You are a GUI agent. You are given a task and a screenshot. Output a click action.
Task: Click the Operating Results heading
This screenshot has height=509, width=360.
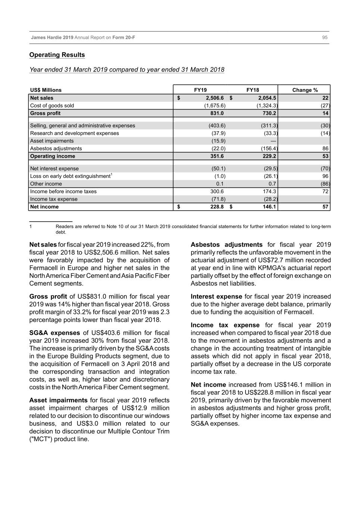[x=57, y=55]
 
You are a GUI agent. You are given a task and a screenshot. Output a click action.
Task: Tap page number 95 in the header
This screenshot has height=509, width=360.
[x=325, y=37]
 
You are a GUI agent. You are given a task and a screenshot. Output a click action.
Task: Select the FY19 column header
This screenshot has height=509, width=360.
[x=200, y=90]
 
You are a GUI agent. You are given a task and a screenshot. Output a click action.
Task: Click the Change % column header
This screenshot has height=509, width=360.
[x=305, y=90]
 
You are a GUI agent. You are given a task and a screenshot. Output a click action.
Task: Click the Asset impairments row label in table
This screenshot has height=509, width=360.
[x=52, y=141]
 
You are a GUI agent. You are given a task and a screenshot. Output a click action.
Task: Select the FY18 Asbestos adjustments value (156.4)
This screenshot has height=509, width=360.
[x=269, y=148]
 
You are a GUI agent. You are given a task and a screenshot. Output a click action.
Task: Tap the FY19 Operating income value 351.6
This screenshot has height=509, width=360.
[x=217, y=156]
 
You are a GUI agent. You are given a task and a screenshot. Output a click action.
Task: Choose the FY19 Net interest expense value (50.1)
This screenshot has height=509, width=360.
[x=218, y=169]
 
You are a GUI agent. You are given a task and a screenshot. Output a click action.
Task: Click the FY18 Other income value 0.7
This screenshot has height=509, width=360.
[x=272, y=184]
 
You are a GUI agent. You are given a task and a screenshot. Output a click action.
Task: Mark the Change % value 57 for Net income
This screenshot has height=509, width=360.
[x=325, y=207]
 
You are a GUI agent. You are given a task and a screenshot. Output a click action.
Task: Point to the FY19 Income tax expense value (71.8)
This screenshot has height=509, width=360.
[x=218, y=199]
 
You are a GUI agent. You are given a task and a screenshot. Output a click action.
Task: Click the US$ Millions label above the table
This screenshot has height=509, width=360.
[x=46, y=90]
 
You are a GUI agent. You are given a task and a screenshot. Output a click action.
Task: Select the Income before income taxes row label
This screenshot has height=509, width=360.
[x=63, y=191]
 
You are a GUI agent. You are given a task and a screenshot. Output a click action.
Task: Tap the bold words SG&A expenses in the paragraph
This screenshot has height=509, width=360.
[x=54, y=333]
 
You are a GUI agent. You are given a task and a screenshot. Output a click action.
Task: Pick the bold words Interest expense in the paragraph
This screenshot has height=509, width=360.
[x=216, y=296]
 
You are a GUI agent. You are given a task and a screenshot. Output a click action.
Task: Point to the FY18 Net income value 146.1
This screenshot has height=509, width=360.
[x=269, y=207]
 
